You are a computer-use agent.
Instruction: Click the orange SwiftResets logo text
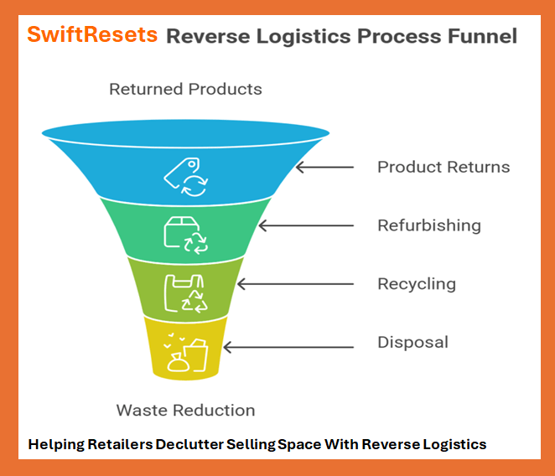(92, 35)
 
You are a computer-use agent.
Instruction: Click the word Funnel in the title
(480, 37)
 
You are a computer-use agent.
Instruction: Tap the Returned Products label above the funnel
(185, 89)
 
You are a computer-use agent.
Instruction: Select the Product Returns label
(443, 167)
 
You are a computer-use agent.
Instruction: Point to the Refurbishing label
(429, 225)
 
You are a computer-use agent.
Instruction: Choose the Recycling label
(417, 283)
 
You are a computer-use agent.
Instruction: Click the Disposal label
(412, 342)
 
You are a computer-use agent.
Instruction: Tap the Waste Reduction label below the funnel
(185, 410)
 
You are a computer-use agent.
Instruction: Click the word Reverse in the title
(207, 37)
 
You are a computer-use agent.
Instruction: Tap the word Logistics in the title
(303, 37)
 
